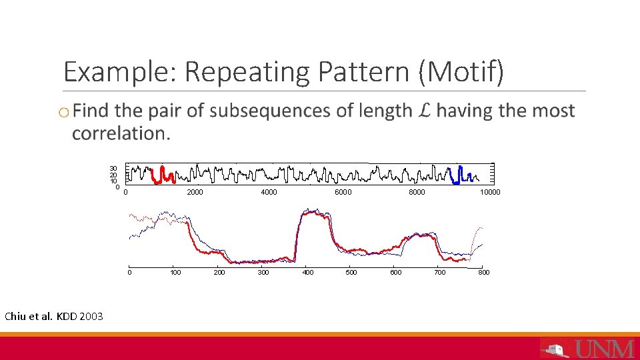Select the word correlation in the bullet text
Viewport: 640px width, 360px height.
pyautogui.click(x=120, y=133)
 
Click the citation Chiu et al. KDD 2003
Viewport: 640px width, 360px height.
pyautogui.click(x=54, y=316)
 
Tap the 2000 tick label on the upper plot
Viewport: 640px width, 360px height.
pyautogui.click(x=195, y=193)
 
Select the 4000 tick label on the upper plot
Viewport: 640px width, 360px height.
pyautogui.click(x=269, y=193)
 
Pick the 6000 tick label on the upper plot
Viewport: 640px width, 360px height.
pyautogui.click(x=343, y=193)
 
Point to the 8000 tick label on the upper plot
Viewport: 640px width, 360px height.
pyautogui.click(x=417, y=193)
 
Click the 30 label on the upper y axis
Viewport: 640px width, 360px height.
pyautogui.click(x=114, y=168)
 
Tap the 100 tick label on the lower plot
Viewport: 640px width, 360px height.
pyautogui.click(x=175, y=272)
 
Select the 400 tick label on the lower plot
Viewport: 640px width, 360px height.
pyautogui.click(x=307, y=272)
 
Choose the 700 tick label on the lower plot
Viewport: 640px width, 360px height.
pyautogui.click(x=440, y=272)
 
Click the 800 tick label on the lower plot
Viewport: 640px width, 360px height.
pyautogui.click(x=484, y=272)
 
